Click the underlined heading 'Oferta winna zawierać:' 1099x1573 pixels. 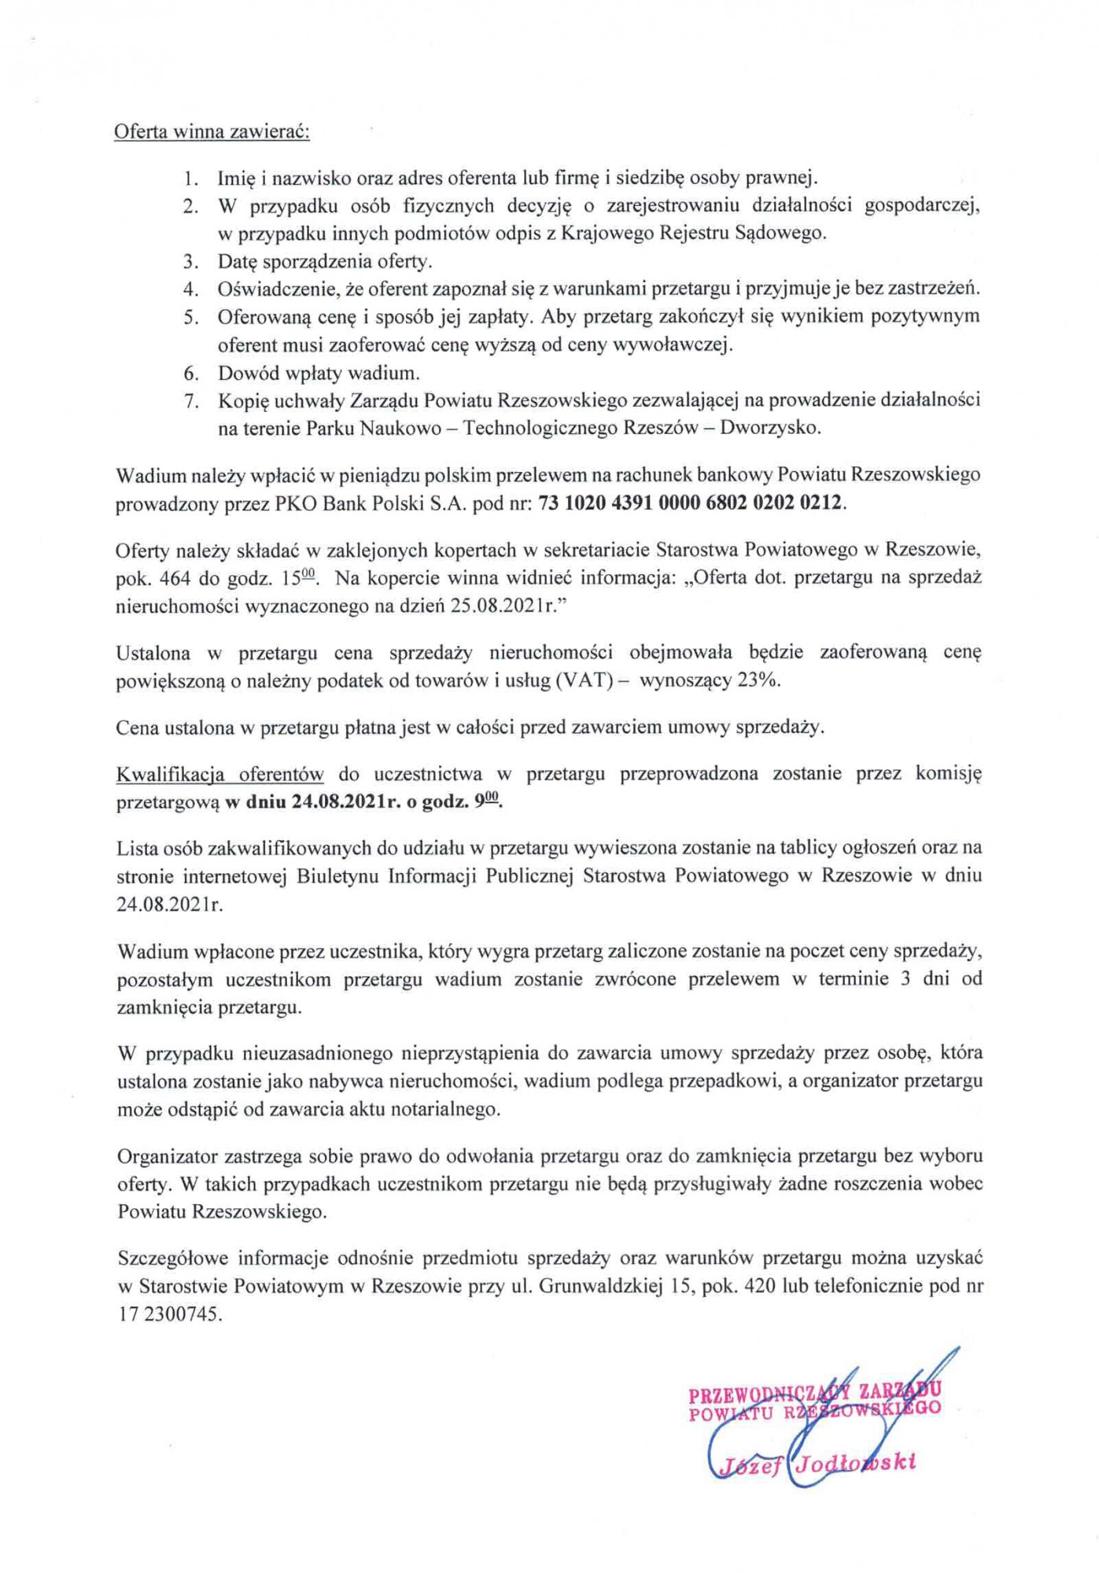212,131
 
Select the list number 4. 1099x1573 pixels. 190,289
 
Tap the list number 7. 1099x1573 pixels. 190,400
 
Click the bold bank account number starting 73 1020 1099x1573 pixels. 690,503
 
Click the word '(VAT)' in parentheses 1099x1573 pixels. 584,680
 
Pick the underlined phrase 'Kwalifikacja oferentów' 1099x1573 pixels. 219,774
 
